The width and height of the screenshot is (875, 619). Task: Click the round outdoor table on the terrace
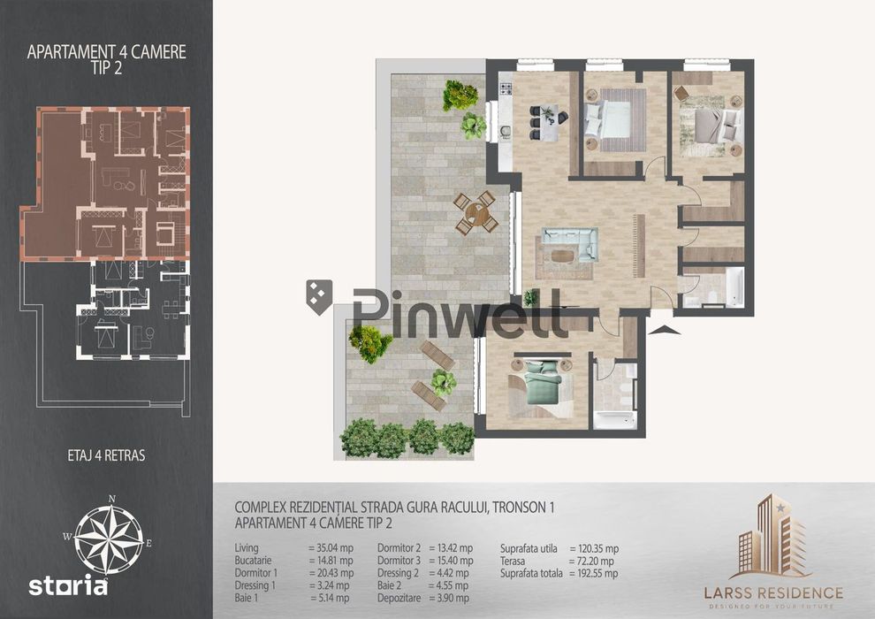click(x=476, y=212)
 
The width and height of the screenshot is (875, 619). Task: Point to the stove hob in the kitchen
click(x=506, y=88)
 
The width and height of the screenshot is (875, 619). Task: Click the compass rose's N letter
click(x=111, y=499)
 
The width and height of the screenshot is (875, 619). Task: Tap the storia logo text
click(x=68, y=586)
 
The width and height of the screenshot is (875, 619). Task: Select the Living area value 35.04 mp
click(x=331, y=547)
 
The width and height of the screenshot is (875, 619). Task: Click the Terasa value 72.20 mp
click(x=591, y=561)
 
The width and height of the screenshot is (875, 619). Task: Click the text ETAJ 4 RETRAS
click(x=106, y=455)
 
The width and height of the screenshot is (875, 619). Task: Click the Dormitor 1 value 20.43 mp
click(x=331, y=573)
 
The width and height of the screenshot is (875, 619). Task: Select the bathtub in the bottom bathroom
click(x=614, y=420)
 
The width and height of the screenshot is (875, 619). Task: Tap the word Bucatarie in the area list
click(x=254, y=560)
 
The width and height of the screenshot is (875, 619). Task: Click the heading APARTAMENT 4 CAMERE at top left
click(x=106, y=52)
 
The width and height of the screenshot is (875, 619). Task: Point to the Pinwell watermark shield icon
click(x=319, y=297)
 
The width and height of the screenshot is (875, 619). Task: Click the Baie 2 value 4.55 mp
click(x=448, y=585)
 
